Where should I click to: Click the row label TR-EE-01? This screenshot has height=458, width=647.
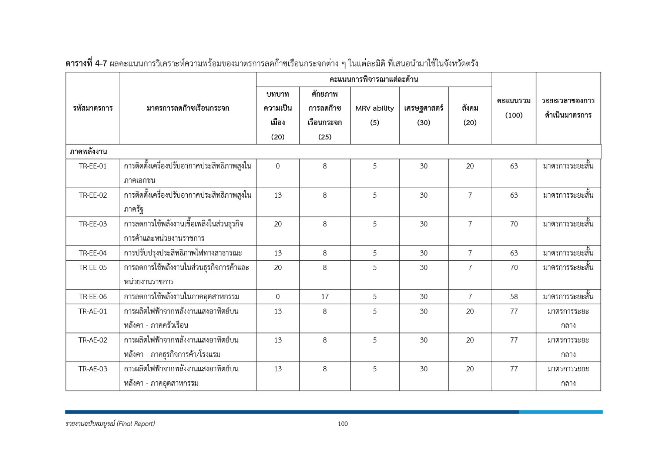(93, 166)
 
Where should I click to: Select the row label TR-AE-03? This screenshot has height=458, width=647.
(93, 369)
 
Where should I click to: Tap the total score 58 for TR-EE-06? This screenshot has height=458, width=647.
(513, 297)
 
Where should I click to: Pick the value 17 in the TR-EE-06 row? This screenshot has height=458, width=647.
(324, 297)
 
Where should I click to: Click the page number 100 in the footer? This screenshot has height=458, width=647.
(342, 424)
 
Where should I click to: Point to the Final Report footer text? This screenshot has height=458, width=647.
(110, 424)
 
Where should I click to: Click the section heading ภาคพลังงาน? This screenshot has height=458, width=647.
(88, 151)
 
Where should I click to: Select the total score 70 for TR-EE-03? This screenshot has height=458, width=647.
(513, 224)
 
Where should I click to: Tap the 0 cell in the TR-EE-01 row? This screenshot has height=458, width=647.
(278, 166)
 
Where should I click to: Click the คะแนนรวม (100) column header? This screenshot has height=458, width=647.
(513, 108)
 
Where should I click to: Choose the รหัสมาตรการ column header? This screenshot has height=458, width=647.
(93, 108)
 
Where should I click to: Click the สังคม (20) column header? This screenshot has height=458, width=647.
(470, 115)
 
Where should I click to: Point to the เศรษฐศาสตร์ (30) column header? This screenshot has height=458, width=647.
(423, 115)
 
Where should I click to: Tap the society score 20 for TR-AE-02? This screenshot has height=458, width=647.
(470, 340)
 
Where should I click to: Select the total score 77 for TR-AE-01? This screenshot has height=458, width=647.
(513, 311)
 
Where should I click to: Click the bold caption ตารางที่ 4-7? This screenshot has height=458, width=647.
(86, 63)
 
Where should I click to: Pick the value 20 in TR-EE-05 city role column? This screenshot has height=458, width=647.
(278, 267)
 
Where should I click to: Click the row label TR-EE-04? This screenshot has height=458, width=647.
(93, 253)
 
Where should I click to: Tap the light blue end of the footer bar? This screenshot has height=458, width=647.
(560, 412)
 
